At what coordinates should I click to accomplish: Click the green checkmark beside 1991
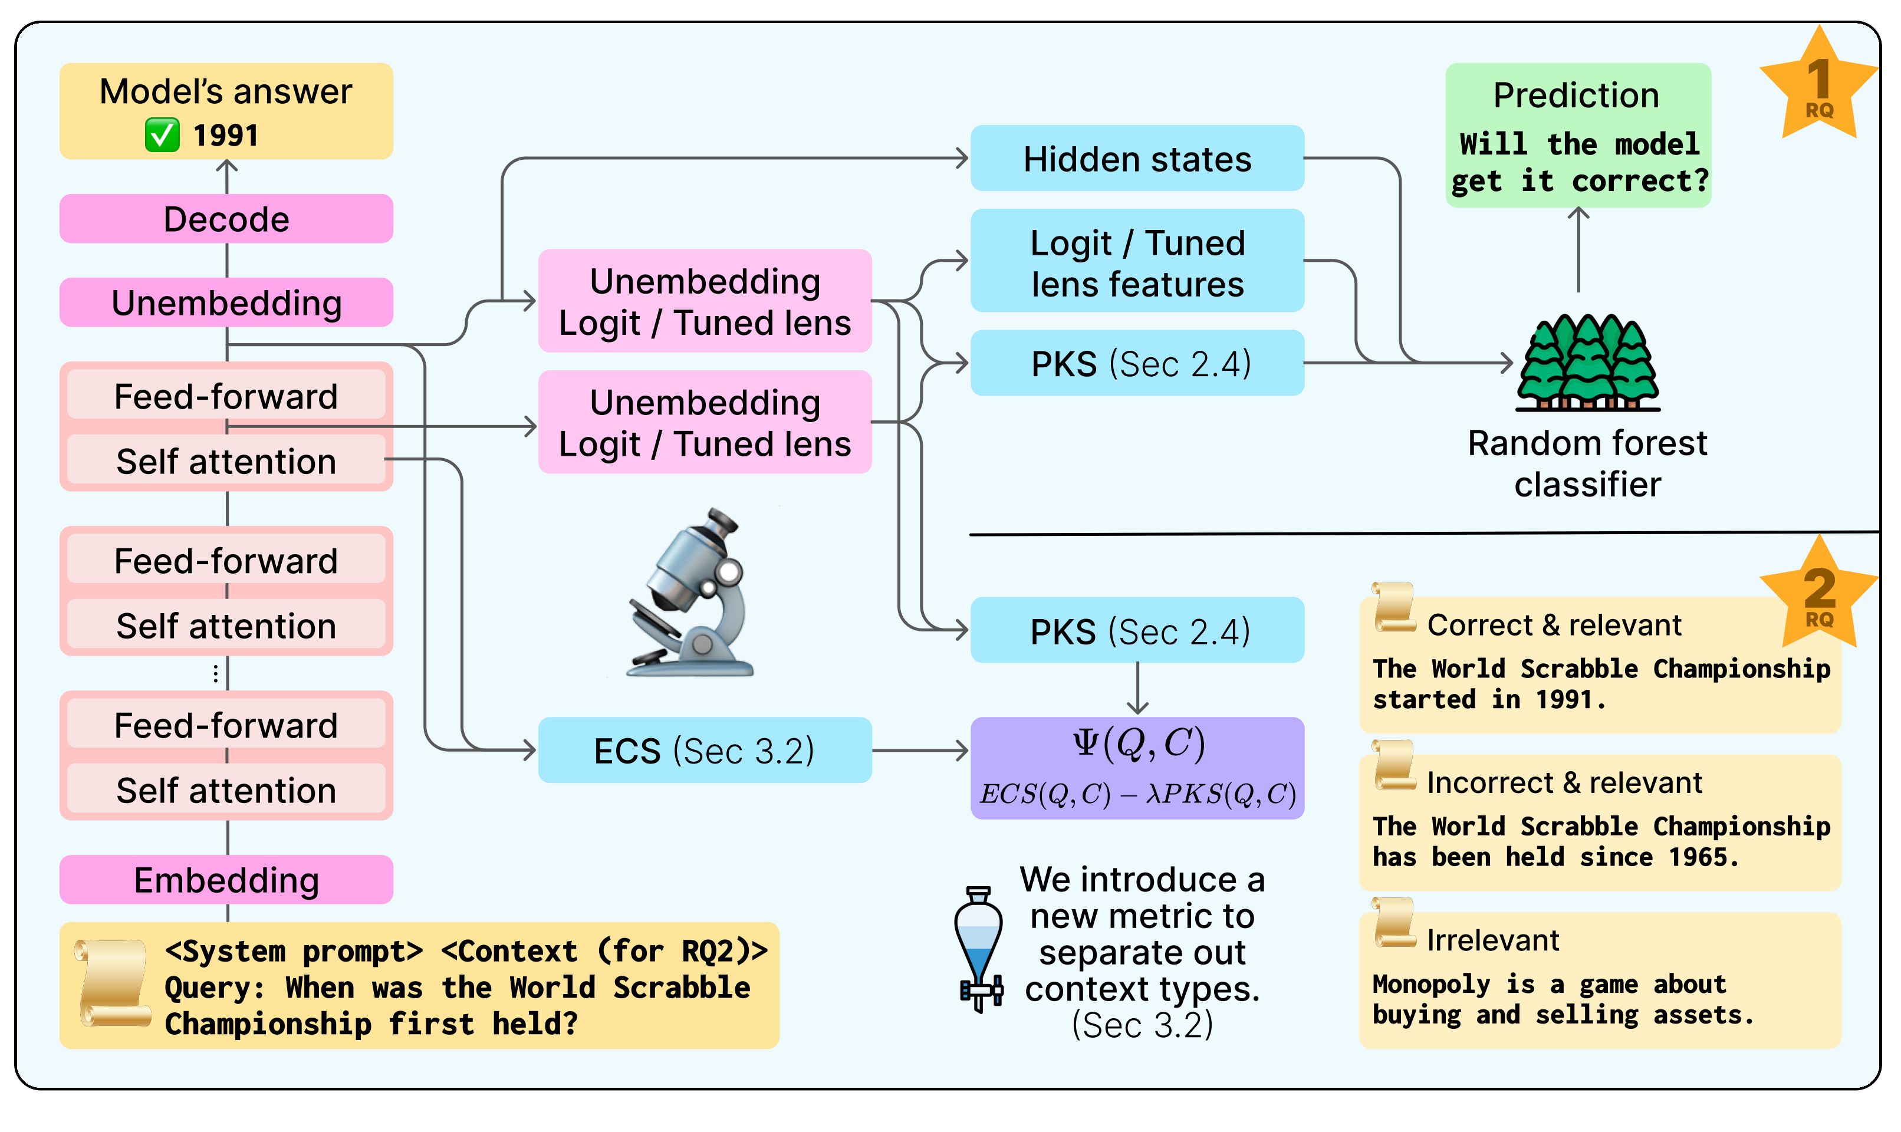(x=163, y=136)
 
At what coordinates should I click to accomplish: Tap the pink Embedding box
(x=226, y=880)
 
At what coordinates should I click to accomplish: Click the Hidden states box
(x=1137, y=159)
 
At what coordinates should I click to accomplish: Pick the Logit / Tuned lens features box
(x=1137, y=262)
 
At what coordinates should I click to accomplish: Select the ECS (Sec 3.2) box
(x=705, y=751)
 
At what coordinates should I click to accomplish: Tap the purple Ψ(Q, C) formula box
(x=1137, y=768)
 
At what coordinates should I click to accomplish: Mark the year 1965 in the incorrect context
(x=1702, y=857)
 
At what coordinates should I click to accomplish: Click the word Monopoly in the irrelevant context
(x=1430, y=985)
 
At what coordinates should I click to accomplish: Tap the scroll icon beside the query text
(x=113, y=984)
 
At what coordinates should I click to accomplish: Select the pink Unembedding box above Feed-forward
(x=226, y=303)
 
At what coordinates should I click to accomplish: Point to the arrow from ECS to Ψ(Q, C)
(x=920, y=751)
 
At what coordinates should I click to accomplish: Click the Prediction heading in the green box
(x=1576, y=96)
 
